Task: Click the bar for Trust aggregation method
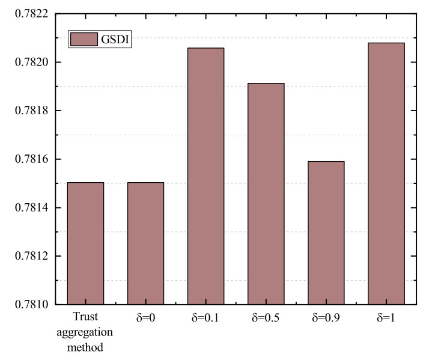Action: point(85,243)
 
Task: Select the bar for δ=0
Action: point(145,243)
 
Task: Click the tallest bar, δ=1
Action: point(386,174)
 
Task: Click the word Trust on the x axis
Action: point(85,317)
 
